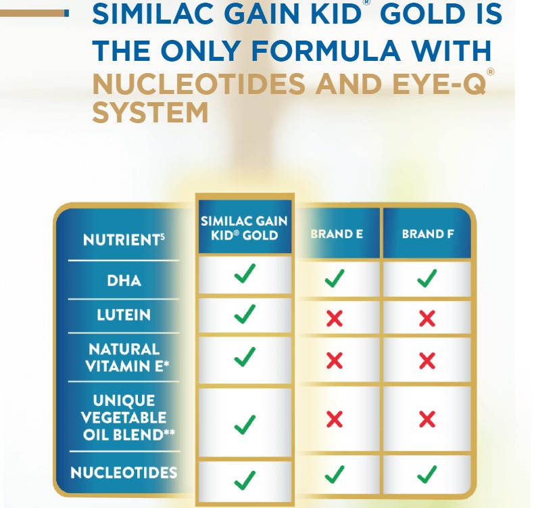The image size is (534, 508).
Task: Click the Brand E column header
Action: tap(336, 235)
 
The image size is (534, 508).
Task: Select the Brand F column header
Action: tap(427, 235)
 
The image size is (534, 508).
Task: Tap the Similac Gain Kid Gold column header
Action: tap(244, 228)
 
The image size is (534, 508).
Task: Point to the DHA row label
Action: tap(124, 279)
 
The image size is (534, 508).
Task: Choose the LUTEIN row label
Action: tap(124, 315)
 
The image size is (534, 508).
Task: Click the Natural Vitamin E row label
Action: tap(124, 358)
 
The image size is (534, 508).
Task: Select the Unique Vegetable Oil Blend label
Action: tap(124, 417)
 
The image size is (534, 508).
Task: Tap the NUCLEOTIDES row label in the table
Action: tap(124, 472)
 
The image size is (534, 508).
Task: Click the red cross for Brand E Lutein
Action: tap(335, 317)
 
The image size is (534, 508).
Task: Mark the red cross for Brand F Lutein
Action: tap(427, 317)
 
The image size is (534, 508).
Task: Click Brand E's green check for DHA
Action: tap(335, 278)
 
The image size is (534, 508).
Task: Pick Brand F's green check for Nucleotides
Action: tap(427, 475)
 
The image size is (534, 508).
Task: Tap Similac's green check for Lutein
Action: tap(244, 314)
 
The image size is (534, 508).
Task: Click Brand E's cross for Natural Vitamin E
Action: tap(335, 361)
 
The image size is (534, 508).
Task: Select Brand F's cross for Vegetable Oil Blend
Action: tap(427, 419)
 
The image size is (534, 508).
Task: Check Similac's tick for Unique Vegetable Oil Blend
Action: tap(244, 424)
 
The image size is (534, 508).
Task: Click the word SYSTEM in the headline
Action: tap(150, 112)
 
